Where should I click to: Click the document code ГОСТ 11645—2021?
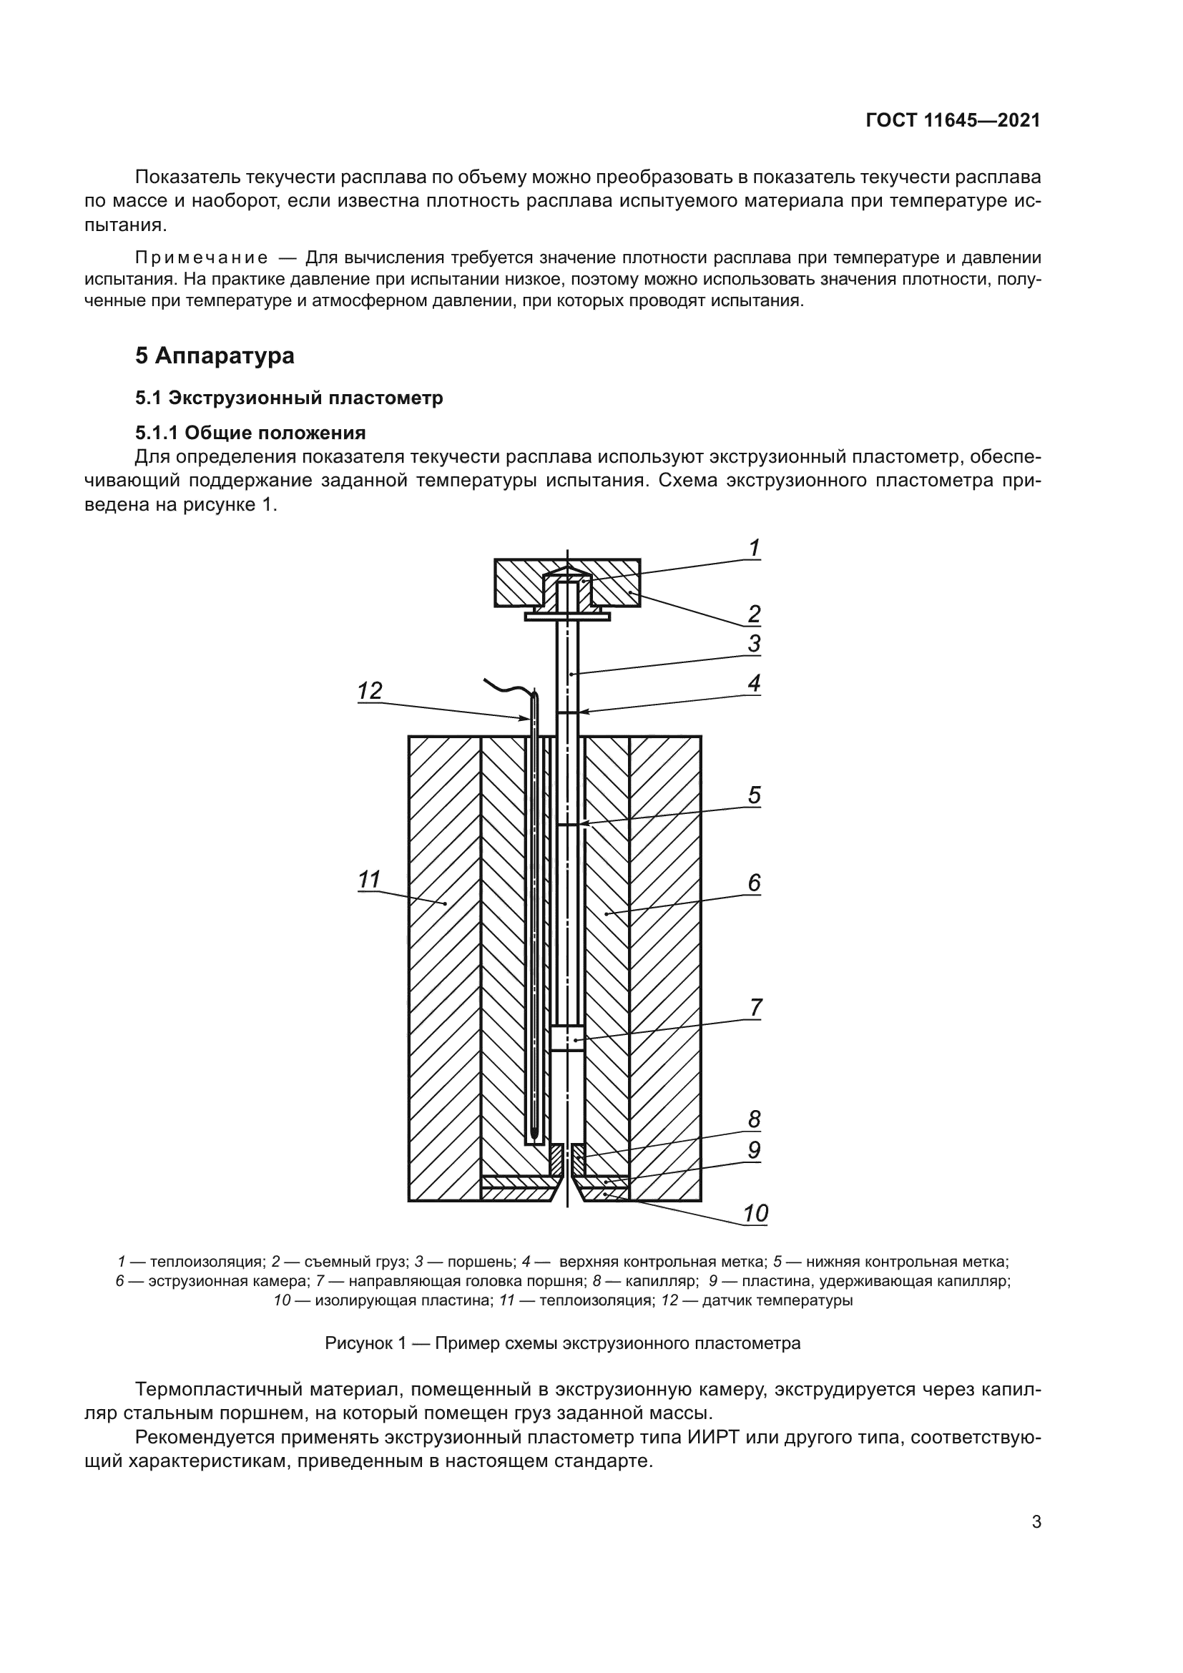coord(953,121)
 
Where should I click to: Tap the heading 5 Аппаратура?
coord(215,355)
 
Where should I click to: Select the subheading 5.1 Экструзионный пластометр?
coord(289,398)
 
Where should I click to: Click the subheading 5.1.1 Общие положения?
coord(250,433)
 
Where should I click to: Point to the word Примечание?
coord(201,258)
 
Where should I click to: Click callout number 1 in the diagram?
coord(755,548)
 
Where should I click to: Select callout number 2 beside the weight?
coord(755,614)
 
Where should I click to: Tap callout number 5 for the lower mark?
coord(755,794)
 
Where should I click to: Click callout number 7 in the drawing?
coord(755,1008)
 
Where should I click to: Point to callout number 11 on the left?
coord(369,880)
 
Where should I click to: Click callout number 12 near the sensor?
coord(370,690)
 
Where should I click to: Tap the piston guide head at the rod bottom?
coord(566,1039)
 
